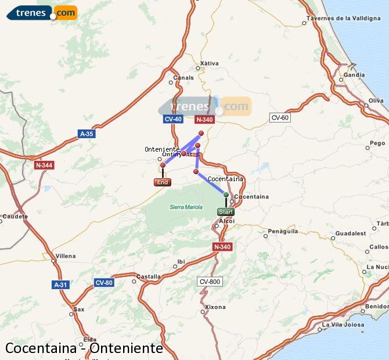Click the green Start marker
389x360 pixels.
point(226,212)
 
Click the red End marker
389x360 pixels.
point(163,182)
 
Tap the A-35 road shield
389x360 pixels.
point(86,134)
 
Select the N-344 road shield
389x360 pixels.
point(44,165)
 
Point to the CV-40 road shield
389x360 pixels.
point(173,119)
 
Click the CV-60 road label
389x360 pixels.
point(280,118)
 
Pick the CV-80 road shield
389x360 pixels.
point(103,283)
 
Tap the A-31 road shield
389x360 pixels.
point(60,285)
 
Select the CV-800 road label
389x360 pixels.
point(210,282)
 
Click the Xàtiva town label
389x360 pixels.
point(209,63)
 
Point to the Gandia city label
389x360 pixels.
point(354,75)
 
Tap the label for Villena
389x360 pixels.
point(65,256)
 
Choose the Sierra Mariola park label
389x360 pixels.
point(186,207)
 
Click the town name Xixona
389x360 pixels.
point(215,307)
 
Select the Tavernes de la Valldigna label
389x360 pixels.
point(347,18)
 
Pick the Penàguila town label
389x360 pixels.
point(283,231)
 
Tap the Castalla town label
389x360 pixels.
point(149,277)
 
